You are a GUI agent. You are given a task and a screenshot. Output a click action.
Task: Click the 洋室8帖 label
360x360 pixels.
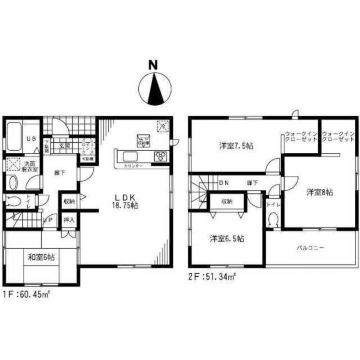coord(320,192)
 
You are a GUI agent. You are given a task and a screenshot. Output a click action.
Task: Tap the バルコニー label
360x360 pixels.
coord(311,248)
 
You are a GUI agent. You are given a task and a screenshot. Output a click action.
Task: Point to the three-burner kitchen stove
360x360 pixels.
coord(161,156)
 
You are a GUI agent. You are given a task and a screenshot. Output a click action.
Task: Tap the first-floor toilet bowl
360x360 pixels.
coord(14,201)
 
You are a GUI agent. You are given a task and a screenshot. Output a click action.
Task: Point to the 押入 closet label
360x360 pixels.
coord(69,220)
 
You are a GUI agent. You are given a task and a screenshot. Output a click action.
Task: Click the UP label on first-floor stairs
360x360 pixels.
coord(49,219)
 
